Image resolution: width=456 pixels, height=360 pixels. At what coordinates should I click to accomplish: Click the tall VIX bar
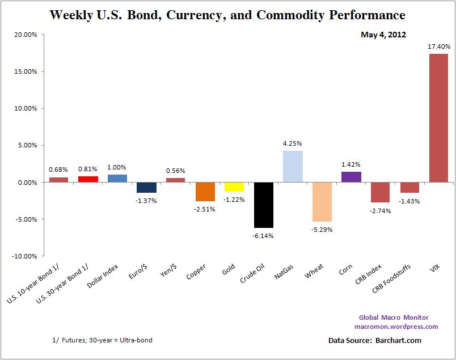click(x=438, y=118)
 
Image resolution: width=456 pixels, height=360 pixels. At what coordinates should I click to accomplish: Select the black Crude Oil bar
click(x=263, y=205)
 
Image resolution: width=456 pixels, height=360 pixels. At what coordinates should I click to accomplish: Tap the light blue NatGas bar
click(x=293, y=167)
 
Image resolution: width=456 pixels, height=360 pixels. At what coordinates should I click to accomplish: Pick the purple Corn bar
click(x=351, y=177)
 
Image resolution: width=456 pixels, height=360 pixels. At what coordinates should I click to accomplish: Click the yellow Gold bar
click(x=234, y=187)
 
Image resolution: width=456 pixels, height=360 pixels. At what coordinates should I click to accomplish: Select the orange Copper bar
click(x=205, y=192)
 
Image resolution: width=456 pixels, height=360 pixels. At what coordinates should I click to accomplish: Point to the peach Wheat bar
click(x=322, y=202)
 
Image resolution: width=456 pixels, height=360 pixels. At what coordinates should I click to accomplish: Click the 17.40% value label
click(x=438, y=46)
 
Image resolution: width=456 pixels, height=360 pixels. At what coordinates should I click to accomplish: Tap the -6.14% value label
click(x=263, y=236)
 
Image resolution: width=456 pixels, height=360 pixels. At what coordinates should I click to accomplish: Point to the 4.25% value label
click(x=293, y=143)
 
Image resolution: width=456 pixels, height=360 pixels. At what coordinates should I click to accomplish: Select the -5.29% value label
click(x=322, y=230)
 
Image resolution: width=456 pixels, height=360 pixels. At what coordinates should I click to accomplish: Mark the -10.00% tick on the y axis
click(x=24, y=256)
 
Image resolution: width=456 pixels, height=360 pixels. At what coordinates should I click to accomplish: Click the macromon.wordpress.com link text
click(x=396, y=327)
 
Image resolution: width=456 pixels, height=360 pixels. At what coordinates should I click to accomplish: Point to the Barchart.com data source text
click(x=395, y=341)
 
